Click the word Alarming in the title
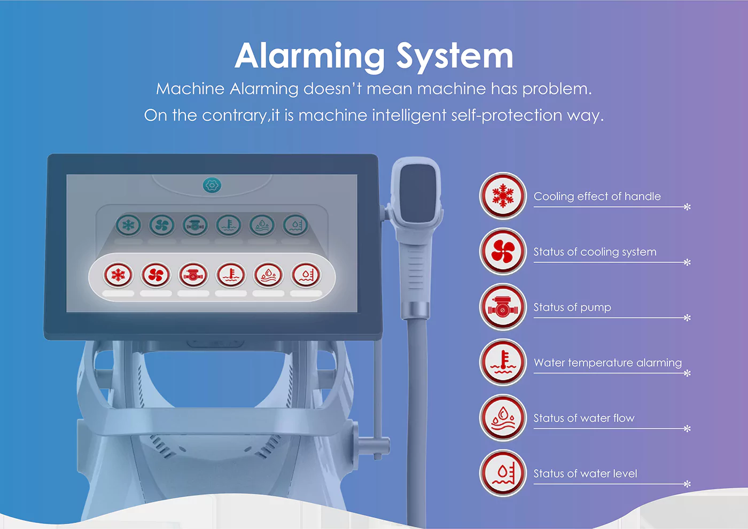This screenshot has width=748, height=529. point(309,57)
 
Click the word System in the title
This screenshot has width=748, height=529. point(455,57)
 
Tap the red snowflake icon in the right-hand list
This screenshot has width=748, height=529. point(503,196)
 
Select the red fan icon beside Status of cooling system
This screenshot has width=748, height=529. point(503,251)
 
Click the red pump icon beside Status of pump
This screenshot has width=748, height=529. point(503,307)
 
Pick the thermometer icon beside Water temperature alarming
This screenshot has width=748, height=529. point(503,362)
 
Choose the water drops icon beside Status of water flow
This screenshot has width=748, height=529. point(503,417)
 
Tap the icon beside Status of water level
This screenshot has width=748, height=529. point(503,473)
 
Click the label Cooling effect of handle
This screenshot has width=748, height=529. point(597,197)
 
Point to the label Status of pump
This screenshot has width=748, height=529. point(572,307)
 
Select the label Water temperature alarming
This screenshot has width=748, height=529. point(608,363)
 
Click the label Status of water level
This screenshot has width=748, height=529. point(586,473)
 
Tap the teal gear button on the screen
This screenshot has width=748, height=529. point(212,185)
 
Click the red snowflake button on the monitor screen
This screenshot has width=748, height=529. point(118,275)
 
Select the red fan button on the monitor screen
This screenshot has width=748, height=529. point(155,275)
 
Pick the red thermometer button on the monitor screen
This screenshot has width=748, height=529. point(231,275)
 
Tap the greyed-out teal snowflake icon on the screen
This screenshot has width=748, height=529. point(129,225)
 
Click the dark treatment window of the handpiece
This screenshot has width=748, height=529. point(418,192)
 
